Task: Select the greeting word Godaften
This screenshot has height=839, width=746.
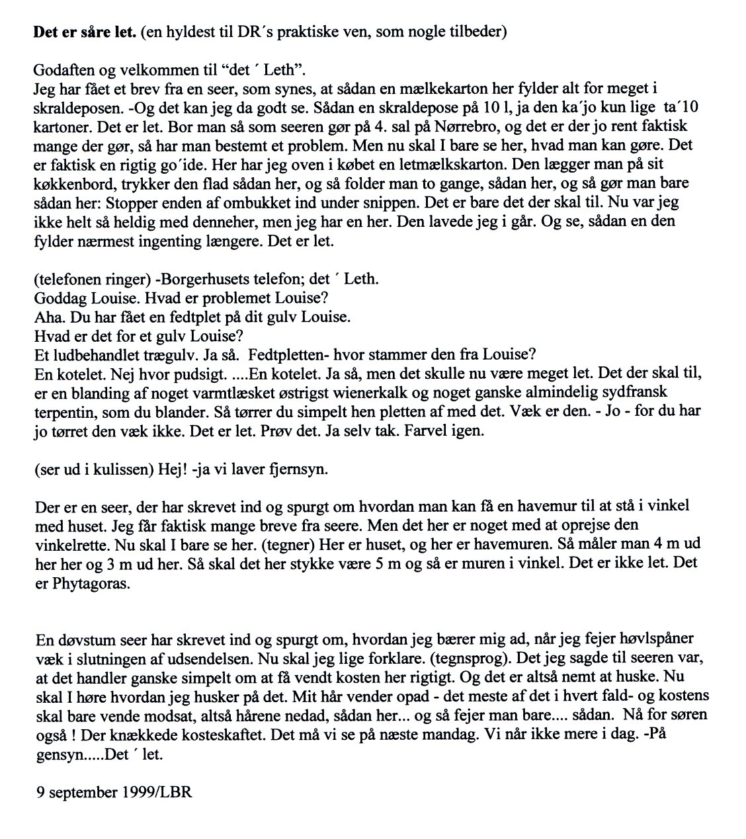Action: (63, 71)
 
